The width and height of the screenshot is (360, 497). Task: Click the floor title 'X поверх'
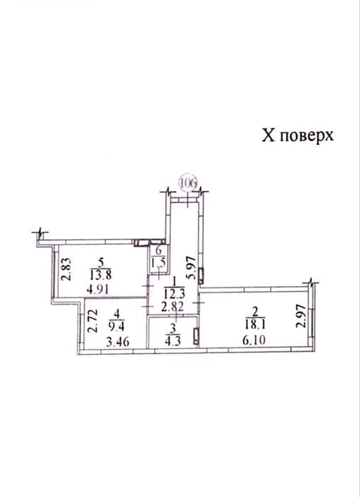(x=298, y=136)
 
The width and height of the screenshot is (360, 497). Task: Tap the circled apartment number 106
(x=189, y=183)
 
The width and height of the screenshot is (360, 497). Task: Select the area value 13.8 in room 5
(x=100, y=275)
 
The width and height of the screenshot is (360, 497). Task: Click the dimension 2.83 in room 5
(x=67, y=269)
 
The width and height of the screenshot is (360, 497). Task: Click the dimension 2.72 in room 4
(x=92, y=321)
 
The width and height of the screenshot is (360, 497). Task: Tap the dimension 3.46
(x=118, y=342)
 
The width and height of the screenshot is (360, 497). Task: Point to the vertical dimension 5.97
(x=191, y=268)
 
